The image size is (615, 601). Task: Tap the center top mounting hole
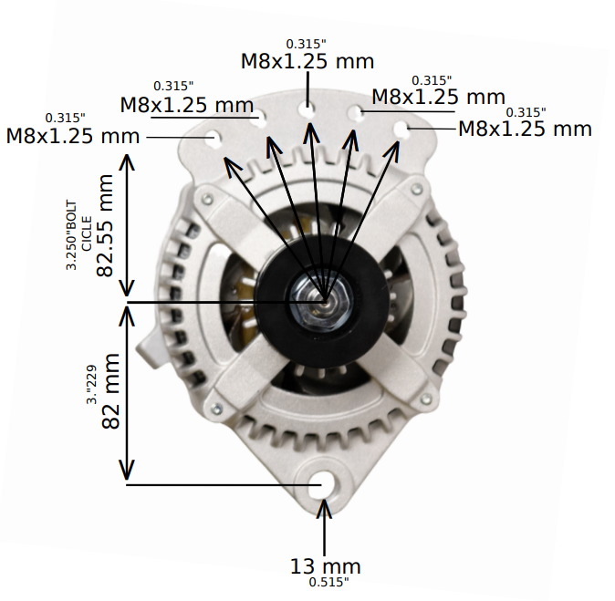pos(308,109)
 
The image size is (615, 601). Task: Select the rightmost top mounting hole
pos(401,129)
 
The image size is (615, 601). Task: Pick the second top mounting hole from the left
pos(261,118)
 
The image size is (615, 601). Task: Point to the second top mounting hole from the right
pos(357,112)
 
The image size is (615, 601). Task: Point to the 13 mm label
pos(326,566)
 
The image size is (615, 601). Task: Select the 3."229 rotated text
pos(90,384)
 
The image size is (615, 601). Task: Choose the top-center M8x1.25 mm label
pos(307,62)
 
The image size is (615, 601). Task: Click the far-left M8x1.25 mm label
pos(73,136)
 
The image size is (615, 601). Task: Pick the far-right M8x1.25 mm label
pos(525,129)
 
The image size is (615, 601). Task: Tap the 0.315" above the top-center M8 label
pos(306,44)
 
